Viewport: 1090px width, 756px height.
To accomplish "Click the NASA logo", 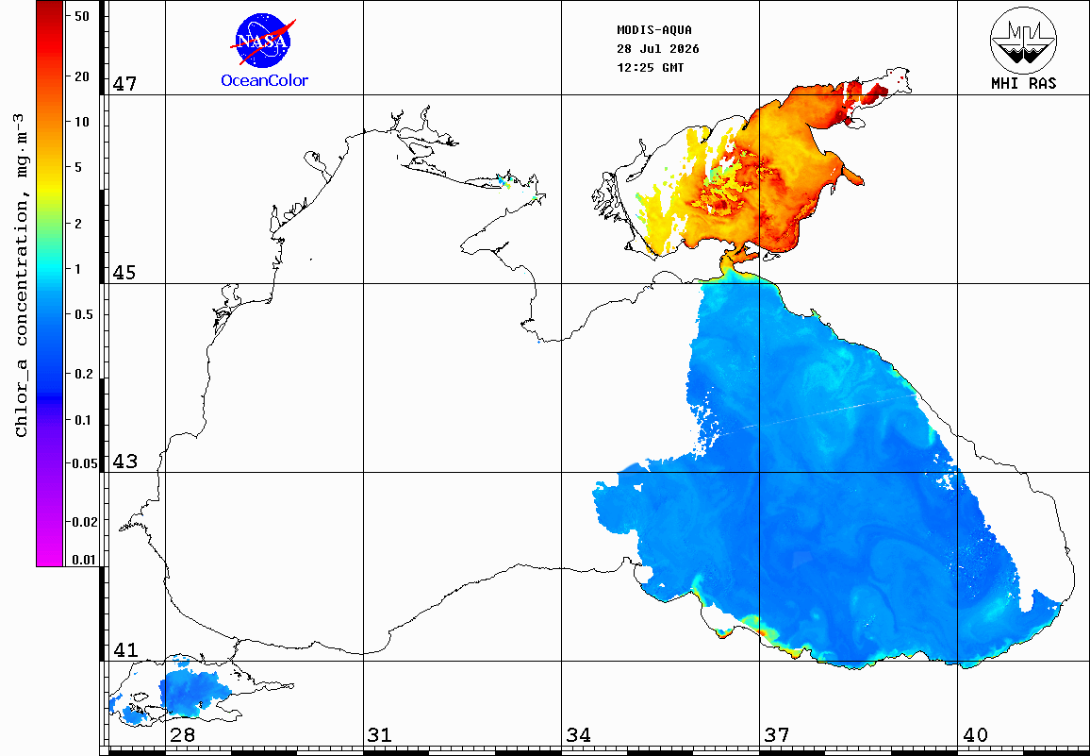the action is [263, 42].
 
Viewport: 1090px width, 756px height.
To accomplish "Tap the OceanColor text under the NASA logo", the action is [264, 81].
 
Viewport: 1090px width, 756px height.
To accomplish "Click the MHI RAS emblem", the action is [1023, 40].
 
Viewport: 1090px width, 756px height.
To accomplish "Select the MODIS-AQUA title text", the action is [654, 30].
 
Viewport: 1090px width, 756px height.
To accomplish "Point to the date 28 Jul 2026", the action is [657, 49].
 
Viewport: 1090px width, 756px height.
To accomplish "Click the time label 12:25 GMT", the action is [650, 68].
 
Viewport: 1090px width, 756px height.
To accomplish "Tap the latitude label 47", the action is [124, 84].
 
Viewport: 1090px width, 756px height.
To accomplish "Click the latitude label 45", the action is [124, 272].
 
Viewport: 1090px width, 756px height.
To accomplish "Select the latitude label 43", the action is [124, 461].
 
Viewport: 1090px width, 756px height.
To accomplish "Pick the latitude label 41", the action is [124, 650].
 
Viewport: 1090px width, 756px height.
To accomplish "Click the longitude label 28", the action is [182, 734].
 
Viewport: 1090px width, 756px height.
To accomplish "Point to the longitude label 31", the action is [380, 734].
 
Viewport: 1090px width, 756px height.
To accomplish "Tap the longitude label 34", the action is [578, 734].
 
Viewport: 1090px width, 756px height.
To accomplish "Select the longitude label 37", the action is [777, 734].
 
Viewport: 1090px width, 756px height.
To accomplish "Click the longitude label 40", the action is [975, 734].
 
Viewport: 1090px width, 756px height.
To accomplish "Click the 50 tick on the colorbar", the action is [81, 16].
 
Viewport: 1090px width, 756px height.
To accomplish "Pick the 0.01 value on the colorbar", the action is [84, 560].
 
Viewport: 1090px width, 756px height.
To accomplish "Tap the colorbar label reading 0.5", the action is [83, 314].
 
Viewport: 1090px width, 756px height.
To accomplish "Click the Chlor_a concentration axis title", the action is [23, 275].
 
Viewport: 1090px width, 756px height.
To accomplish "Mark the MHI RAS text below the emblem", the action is [1023, 84].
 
